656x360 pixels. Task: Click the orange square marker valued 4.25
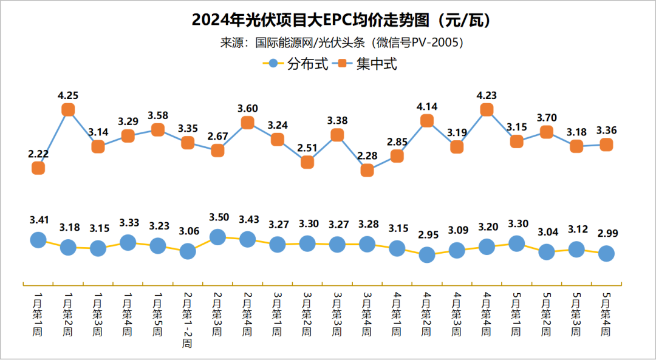pos(68,109)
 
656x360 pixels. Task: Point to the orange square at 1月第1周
pos(38,168)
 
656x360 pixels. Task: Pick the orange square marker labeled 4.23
pos(487,109)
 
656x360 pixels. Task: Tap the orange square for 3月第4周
pos(367,171)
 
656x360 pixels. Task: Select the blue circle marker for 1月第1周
pos(38,240)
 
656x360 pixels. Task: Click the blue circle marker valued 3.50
pos(217,237)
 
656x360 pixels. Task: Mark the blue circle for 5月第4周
pos(606,254)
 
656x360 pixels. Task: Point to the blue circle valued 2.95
pos(427,255)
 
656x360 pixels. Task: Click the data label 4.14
pos(427,106)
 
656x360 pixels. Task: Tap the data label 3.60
pos(247,108)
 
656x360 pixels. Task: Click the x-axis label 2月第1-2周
pos(188,319)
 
